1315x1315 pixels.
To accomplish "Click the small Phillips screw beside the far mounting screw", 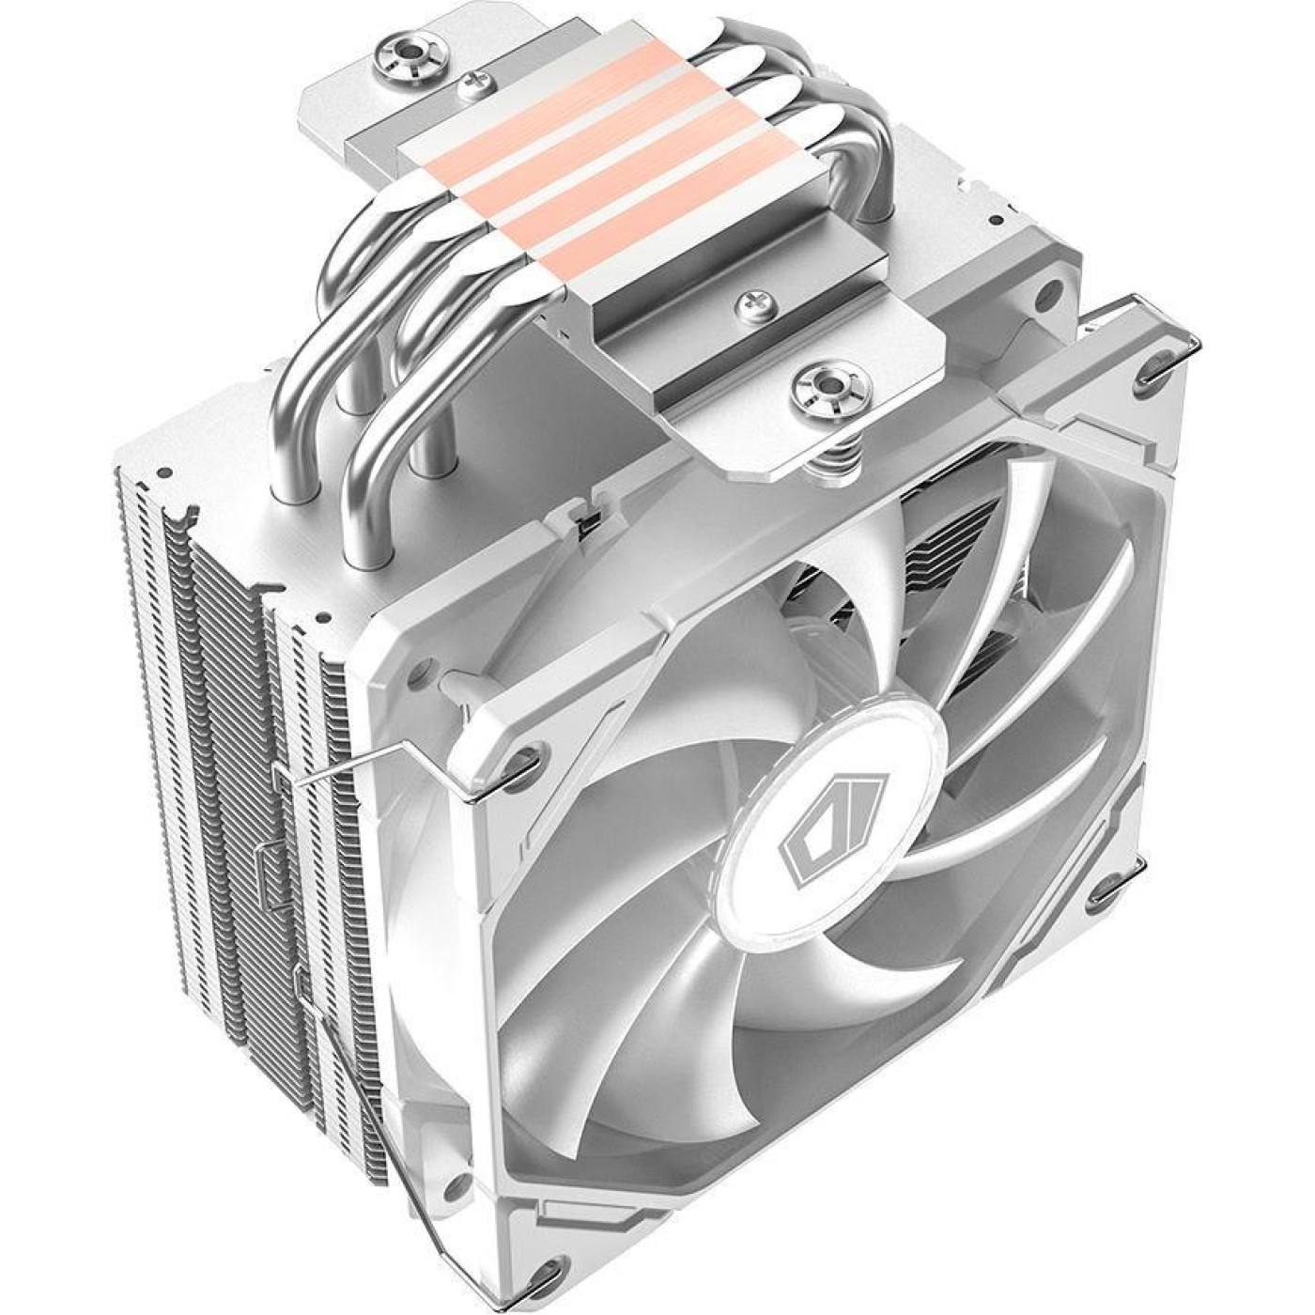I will point(467,86).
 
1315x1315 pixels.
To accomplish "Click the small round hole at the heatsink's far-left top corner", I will point(166,467).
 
